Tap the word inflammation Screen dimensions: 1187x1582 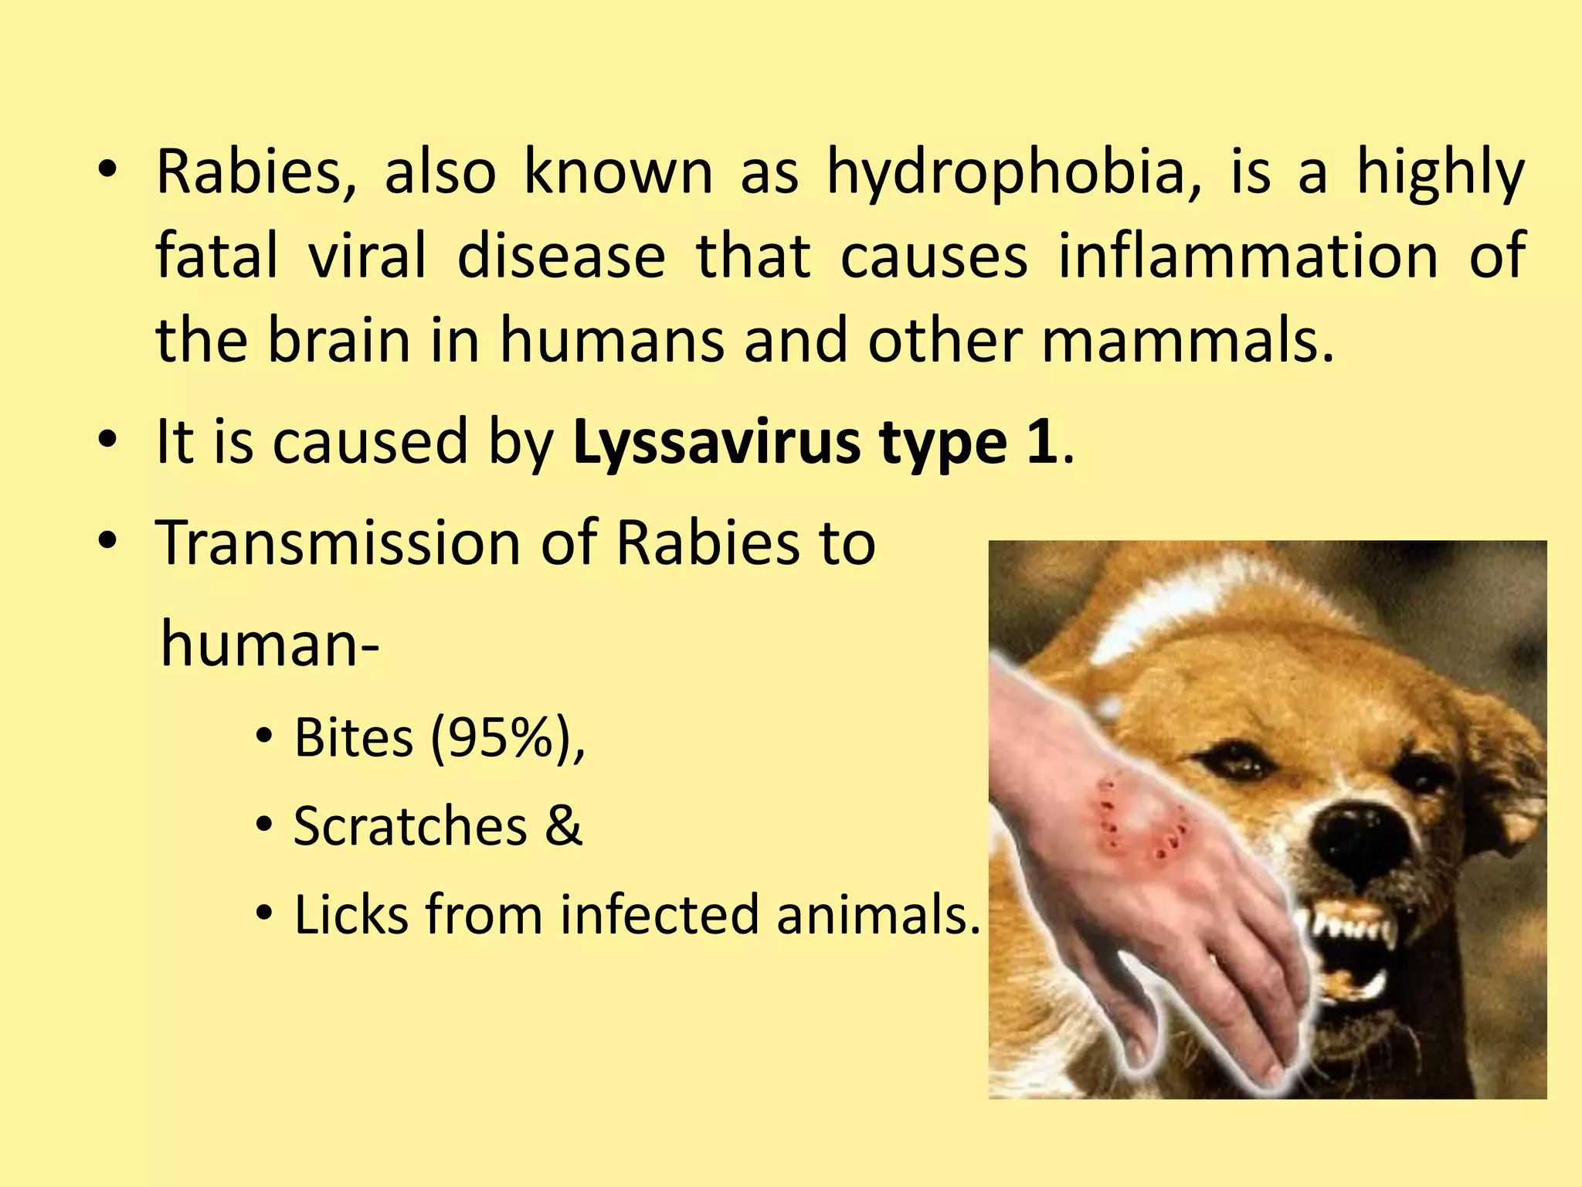[1248, 257]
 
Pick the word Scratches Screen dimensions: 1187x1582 [411, 826]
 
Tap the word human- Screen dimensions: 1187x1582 [270, 645]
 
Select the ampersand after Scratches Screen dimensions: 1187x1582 [563, 826]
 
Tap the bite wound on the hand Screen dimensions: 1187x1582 [1139, 823]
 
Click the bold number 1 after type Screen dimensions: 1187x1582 [1043, 442]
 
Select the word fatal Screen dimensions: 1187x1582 [216, 257]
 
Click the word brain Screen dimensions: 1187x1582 [338, 341]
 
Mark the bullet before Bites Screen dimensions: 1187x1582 [264, 738]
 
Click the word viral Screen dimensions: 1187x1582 [368, 257]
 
